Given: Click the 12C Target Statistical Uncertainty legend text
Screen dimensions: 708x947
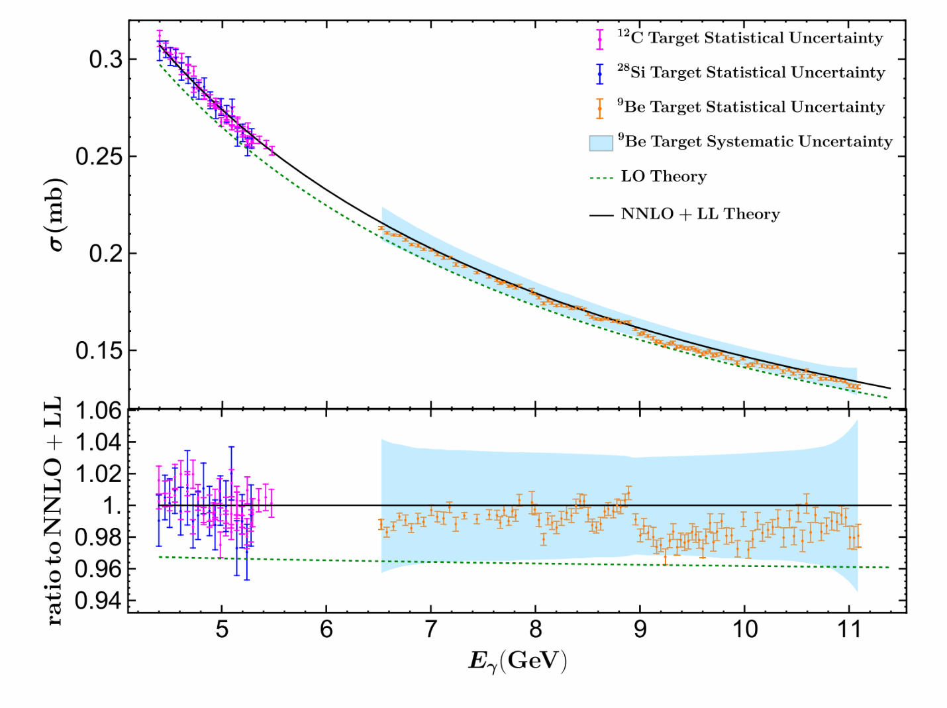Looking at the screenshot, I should point(750,38).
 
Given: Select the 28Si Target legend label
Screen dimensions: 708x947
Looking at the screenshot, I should point(751,72).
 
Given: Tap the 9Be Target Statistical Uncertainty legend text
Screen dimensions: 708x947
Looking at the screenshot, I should point(751,107).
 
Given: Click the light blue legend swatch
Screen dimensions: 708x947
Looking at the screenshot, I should point(601,142).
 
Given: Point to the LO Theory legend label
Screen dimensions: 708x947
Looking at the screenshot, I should point(664,177).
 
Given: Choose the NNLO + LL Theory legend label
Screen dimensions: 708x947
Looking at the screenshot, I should point(700,214).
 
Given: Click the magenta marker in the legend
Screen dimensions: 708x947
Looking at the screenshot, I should point(600,39).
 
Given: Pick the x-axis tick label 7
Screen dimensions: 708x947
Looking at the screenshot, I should point(430,629).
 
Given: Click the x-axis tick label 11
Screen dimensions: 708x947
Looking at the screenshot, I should point(849,629).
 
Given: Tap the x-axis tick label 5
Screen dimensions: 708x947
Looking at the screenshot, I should point(222,629).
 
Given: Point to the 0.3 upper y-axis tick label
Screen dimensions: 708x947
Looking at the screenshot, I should point(106,60).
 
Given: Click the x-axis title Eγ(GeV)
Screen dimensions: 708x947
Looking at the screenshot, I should point(517,661).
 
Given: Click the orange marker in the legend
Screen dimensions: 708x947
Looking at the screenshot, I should point(600,108).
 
